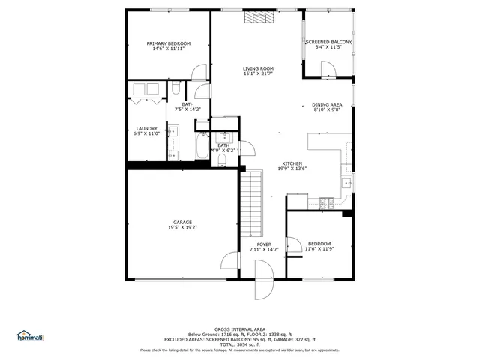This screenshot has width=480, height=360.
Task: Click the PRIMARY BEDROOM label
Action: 168,44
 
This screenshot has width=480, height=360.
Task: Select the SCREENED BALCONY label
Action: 328,43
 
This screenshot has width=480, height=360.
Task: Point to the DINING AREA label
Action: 327,104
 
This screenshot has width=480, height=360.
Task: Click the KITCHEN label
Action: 292,163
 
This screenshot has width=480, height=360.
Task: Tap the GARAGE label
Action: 182,222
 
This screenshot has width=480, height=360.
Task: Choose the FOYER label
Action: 264,244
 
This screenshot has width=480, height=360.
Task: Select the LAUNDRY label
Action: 146,128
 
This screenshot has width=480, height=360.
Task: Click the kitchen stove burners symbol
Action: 327,202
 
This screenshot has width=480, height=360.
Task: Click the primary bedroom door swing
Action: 199,72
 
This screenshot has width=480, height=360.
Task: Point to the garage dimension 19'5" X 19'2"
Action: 182,227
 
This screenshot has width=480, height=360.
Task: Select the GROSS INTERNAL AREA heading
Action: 239,329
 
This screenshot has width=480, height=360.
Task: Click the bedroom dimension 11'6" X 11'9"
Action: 318,249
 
